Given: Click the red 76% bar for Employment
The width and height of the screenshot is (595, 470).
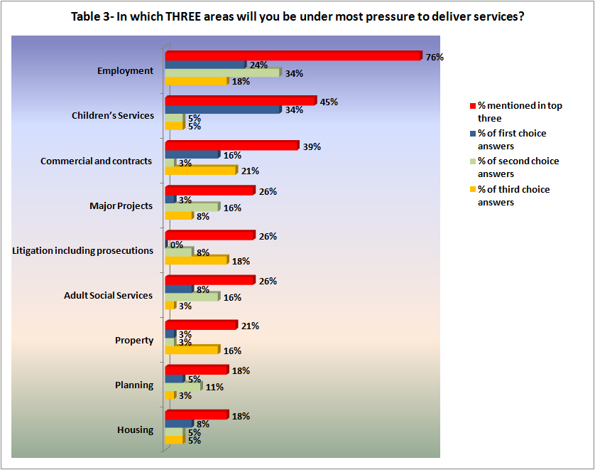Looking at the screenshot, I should pos(293,56).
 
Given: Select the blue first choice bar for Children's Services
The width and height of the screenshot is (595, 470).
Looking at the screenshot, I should pos(223,110).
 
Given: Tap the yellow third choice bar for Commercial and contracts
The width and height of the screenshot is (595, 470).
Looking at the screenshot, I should pos(200,171).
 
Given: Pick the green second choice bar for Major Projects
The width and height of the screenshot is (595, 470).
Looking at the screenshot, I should pos(192,208).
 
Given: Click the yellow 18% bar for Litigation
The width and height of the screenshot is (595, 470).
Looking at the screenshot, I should pos(196,261).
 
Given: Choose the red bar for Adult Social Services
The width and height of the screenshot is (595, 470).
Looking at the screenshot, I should pos(209,281).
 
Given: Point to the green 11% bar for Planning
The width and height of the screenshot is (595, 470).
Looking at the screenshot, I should pos(183,387).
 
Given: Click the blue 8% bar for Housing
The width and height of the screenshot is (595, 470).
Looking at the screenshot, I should pos(178,424).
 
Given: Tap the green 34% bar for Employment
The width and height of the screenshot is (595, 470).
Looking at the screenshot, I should pos(223,73).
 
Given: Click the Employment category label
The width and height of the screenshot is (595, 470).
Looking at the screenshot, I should pos(125,71).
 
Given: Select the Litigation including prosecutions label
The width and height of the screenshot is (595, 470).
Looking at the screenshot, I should pos(84,250).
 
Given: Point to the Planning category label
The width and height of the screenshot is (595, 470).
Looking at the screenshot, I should pos(134,385).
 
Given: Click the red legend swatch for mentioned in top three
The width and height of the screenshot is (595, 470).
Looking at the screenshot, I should pos(471,106).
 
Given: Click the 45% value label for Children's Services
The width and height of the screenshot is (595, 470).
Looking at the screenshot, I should pos(328,102).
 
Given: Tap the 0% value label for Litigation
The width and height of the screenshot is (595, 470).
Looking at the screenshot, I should pos(176,245).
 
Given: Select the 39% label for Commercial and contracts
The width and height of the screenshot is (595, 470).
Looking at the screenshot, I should pos(312,146).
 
